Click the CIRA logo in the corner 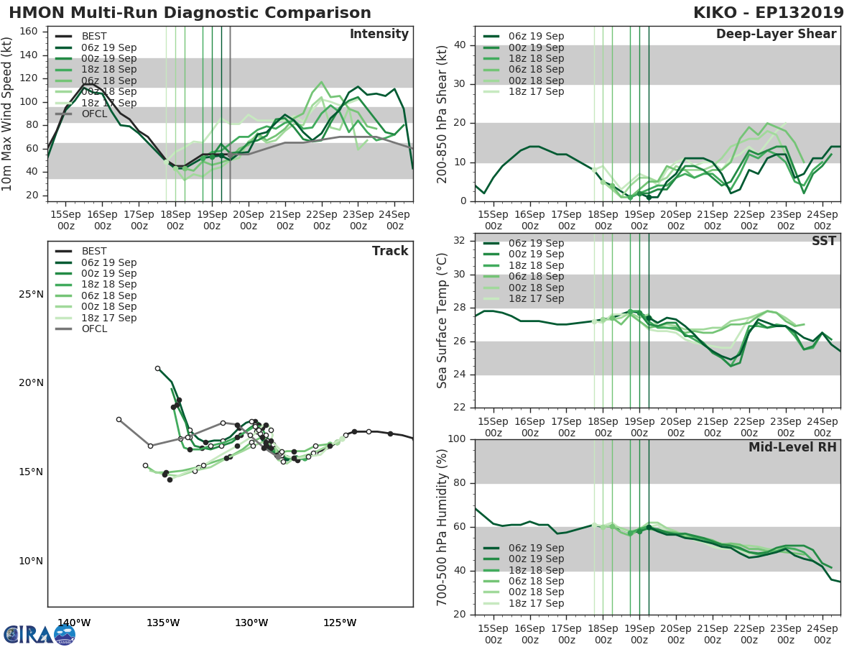[x=39, y=634]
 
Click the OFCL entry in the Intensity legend [x=94, y=114]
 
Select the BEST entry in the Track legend [x=94, y=251]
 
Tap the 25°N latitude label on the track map [x=31, y=294]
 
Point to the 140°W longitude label [x=74, y=623]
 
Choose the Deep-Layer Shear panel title [x=776, y=35]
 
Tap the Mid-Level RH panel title [x=792, y=447]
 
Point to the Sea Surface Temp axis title [x=442, y=320]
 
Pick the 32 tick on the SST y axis [x=462, y=241]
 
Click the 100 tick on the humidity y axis [x=459, y=439]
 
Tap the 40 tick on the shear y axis [x=462, y=45]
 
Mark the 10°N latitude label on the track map [x=31, y=561]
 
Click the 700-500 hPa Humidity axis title [x=442, y=526]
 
